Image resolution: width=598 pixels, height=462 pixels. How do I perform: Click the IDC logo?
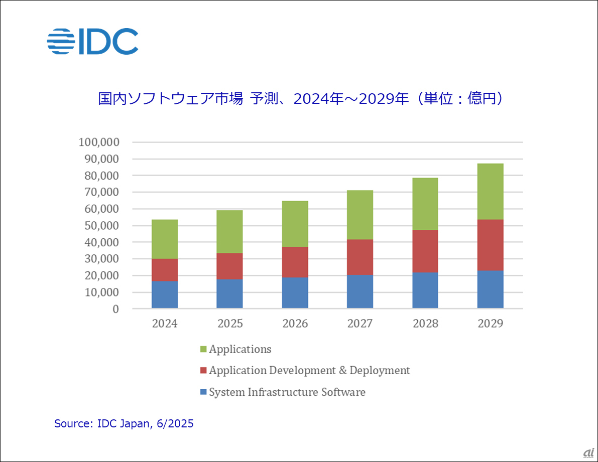tap(93, 41)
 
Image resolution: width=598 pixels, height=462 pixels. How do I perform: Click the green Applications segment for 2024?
tap(165, 239)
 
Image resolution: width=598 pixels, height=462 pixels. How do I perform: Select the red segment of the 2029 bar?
tap(491, 245)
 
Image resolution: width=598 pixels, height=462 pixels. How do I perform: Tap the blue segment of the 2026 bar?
tap(295, 292)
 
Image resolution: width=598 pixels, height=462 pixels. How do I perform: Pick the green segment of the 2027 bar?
tap(360, 215)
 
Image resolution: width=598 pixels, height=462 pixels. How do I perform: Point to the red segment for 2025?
tap(229, 266)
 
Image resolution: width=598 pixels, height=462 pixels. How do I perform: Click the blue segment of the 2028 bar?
tap(425, 290)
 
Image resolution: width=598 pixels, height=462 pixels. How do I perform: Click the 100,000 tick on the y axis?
tap(98, 142)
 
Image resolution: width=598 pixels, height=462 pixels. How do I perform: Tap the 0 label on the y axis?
tap(115, 309)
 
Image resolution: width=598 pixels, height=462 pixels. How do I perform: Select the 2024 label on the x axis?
tap(165, 324)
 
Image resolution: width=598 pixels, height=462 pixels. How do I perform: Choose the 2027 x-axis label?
tap(360, 324)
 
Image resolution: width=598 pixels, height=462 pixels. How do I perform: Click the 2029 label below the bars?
tap(491, 324)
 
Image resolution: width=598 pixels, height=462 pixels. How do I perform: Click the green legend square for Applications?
tap(203, 350)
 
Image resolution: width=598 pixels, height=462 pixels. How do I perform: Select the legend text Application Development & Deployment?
tap(309, 371)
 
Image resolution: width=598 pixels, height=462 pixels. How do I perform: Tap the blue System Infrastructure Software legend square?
tap(203, 392)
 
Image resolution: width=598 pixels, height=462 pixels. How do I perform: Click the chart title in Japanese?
tap(300, 98)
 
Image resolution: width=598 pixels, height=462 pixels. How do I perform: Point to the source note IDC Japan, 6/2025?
tap(124, 424)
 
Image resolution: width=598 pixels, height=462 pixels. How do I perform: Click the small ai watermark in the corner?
tap(588, 452)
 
